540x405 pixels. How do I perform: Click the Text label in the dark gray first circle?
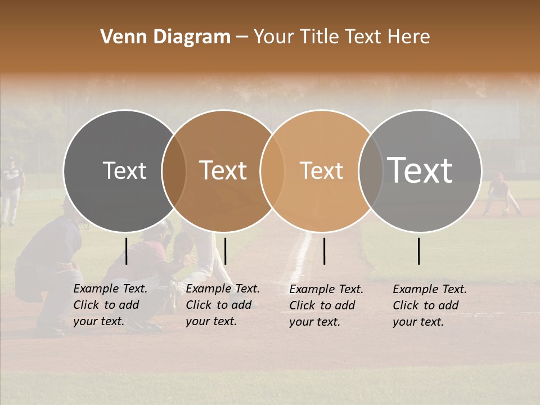pyautogui.click(x=124, y=170)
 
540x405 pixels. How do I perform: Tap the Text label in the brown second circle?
pyautogui.click(x=223, y=170)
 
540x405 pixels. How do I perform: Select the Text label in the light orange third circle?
pyautogui.click(x=321, y=170)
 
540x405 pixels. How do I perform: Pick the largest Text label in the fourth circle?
pyautogui.click(x=420, y=170)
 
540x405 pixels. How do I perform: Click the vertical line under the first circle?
pyautogui.click(x=127, y=251)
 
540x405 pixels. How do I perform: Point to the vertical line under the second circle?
pyautogui.click(x=225, y=251)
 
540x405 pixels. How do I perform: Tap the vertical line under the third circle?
pyautogui.click(x=325, y=251)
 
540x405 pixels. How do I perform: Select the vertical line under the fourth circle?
pyautogui.click(x=419, y=251)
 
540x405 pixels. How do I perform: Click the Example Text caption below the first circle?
pyautogui.click(x=110, y=305)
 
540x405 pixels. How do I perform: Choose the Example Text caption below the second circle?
pyautogui.click(x=223, y=305)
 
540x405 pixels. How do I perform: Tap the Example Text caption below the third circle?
pyautogui.click(x=326, y=305)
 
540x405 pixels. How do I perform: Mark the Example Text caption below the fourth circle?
pyautogui.click(x=430, y=305)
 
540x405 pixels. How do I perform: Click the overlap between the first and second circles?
pyautogui.click(x=174, y=170)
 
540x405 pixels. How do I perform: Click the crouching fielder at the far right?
pyautogui.click(x=501, y=194)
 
